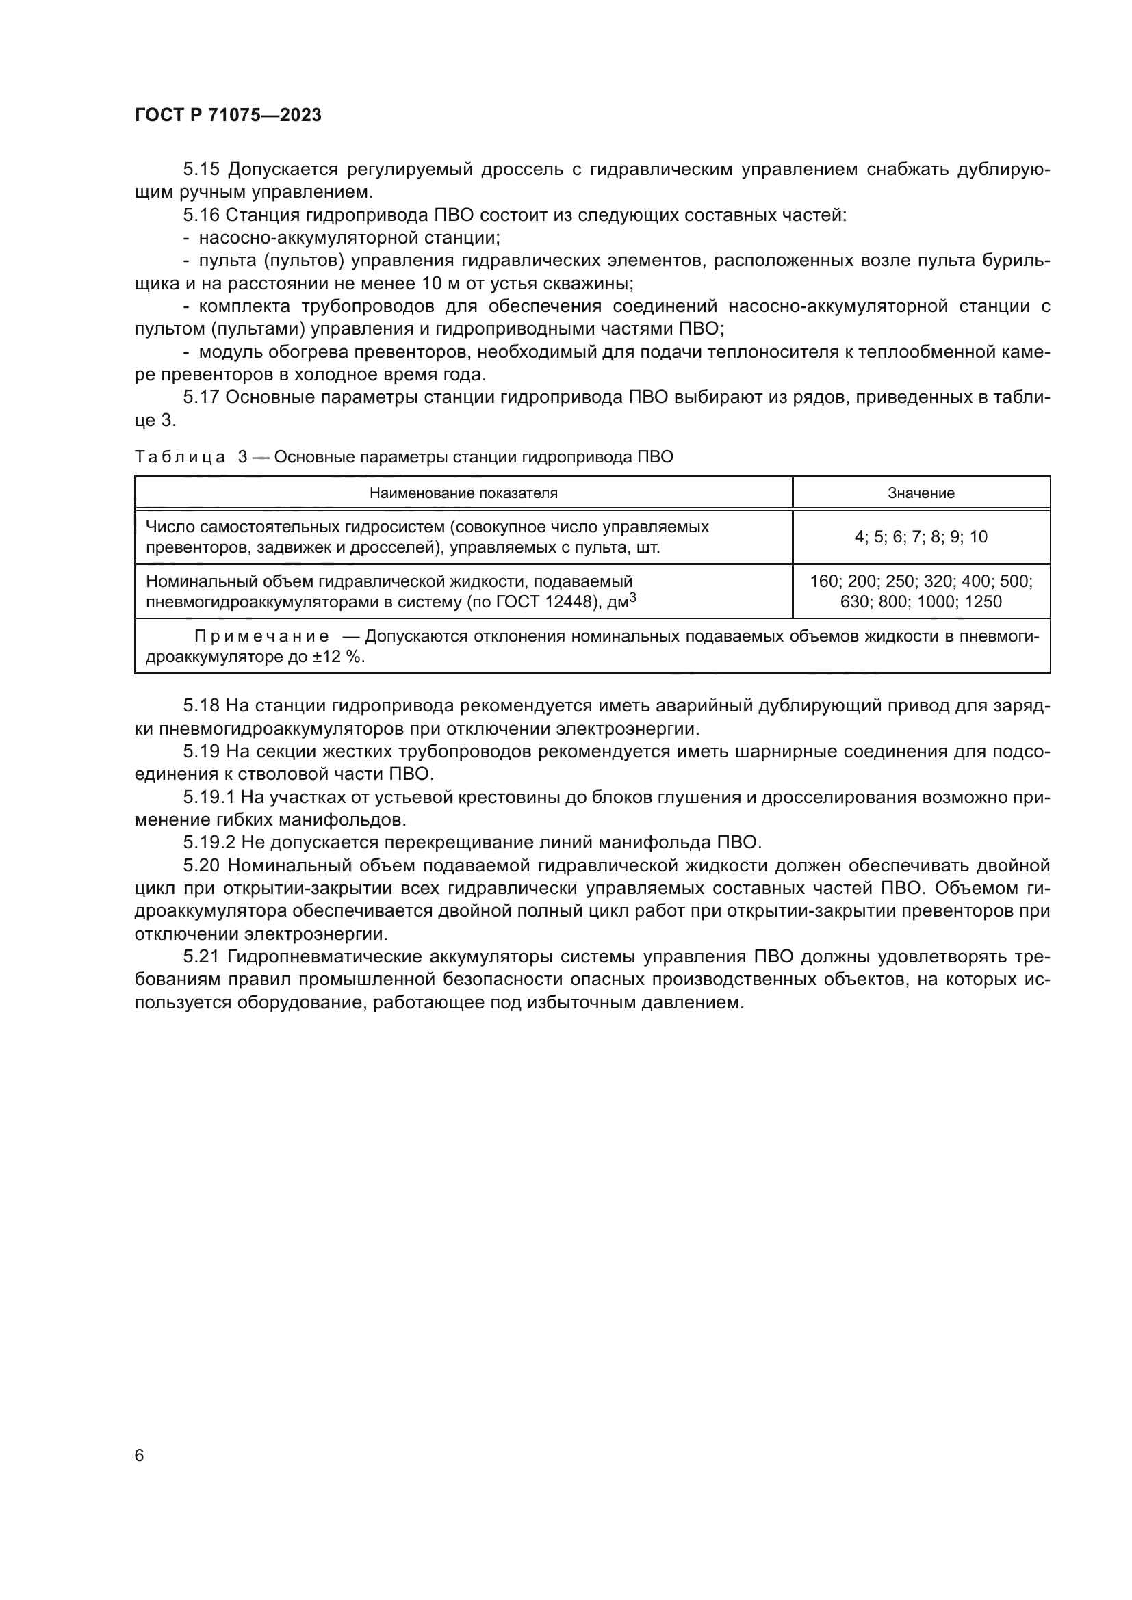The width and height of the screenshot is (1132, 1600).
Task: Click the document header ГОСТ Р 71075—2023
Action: [x=228, y=116]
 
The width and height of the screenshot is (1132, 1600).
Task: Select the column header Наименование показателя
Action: [x=463, y=493]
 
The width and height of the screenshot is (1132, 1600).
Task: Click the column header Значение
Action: [x=921, y=493]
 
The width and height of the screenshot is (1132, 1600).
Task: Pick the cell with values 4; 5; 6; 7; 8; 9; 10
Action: [x=921, y=536]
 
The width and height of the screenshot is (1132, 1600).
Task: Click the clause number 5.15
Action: [x=201, y=170]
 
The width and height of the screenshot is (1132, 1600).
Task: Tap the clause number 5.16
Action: [x=201, y=215]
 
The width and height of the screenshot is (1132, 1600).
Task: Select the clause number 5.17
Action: [x=201, y=397]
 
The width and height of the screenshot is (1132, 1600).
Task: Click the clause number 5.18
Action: [x=201, y=706]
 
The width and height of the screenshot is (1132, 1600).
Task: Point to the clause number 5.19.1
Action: [x=209, y=797]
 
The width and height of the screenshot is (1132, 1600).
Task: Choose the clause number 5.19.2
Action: [x=209, y=843]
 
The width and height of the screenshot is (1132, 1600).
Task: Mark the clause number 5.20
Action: [x=201, y=865]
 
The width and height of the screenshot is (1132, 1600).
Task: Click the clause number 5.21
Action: [x=201, y=957]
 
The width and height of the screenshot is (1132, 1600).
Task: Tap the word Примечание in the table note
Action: [x=261, y=636]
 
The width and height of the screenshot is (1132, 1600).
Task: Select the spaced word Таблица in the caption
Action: [x=180, y=457]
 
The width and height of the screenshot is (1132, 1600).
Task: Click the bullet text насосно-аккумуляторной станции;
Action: [x=349, y=237]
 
